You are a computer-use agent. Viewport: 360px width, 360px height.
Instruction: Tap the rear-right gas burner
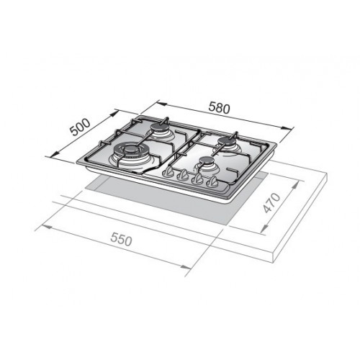pos(229,142)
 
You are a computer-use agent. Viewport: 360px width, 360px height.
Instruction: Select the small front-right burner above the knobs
pos(207,166)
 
